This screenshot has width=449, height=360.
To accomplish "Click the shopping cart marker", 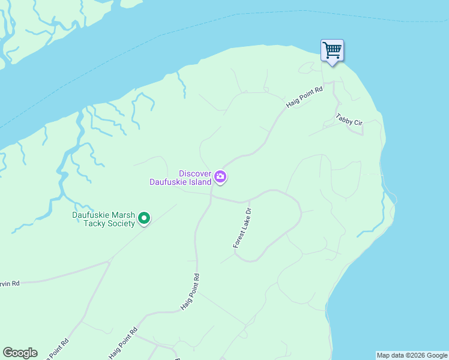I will click(332, 50).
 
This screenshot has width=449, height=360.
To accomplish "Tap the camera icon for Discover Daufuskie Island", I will click(221, 176).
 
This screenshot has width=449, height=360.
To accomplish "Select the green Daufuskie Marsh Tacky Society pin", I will click(144, 218).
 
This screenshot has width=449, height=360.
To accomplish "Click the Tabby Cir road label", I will click(349, 119).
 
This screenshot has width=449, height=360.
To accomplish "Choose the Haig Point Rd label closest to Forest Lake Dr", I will click(190, 292).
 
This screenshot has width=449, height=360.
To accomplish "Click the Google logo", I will click(20, 353).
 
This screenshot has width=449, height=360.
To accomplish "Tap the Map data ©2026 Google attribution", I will click(412, 355).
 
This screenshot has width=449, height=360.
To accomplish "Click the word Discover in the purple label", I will click(195, 173).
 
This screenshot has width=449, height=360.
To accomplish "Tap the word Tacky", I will click(94, 223).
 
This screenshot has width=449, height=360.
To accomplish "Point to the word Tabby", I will click(345, 117).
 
